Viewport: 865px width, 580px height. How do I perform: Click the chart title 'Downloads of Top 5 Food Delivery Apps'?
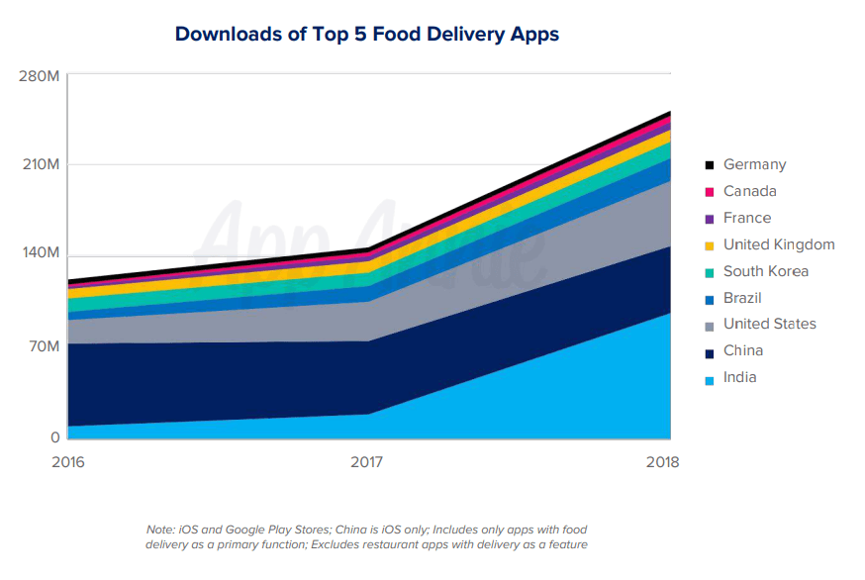tap(366, 35)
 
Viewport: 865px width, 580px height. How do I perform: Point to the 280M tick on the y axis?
tap(40, 76)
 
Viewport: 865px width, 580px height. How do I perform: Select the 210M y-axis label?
tap(40, 164)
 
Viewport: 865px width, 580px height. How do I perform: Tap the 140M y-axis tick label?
tap(40, 253)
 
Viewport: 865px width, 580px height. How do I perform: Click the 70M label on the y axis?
tap(43, 346)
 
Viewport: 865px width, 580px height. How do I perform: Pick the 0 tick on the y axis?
tap(54, 436)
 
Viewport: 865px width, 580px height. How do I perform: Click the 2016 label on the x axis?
tap(67, 462)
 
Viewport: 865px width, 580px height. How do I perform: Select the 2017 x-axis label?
tap(369, 462)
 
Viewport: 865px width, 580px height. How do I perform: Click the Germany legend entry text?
tap(754, 165)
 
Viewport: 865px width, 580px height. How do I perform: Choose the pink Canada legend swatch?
tap(709, 192)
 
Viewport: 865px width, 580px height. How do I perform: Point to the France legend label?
tap(746, 218)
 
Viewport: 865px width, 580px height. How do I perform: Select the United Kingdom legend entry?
tap(779, 244)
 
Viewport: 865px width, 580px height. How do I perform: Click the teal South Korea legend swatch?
tap(709, 272)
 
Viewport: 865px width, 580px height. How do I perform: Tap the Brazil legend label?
tap(742, 298)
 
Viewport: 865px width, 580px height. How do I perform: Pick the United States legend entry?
tap(769, 325)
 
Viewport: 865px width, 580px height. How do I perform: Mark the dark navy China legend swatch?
tap(709, 351)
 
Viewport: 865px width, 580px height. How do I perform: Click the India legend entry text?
tap(739, 377)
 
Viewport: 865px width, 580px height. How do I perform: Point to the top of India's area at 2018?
tap(670, 314)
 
